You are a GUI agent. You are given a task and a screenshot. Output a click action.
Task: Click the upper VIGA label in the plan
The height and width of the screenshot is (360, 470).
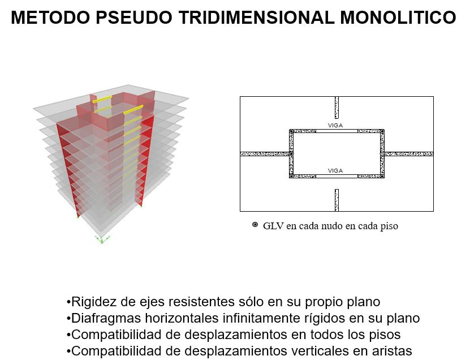coord(335,126)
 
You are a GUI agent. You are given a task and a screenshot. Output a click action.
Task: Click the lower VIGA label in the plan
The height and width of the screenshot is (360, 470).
coord(335,170)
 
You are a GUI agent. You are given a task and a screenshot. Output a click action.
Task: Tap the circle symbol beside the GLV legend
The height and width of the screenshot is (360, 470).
coord(255,225)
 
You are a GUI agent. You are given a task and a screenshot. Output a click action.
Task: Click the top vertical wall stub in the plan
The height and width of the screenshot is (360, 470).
coord(337,107)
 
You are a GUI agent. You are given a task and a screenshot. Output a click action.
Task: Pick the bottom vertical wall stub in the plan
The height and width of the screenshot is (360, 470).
coord(337,200)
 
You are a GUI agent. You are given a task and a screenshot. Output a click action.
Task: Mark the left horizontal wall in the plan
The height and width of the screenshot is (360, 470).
coord(265,153)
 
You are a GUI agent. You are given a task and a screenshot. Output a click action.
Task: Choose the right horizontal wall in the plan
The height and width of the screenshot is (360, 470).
coord(408,153)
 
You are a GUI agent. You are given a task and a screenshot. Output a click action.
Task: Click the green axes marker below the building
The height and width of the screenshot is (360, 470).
coord(102,239)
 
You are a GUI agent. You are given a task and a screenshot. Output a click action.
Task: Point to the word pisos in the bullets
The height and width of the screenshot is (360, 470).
coord(387,335)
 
